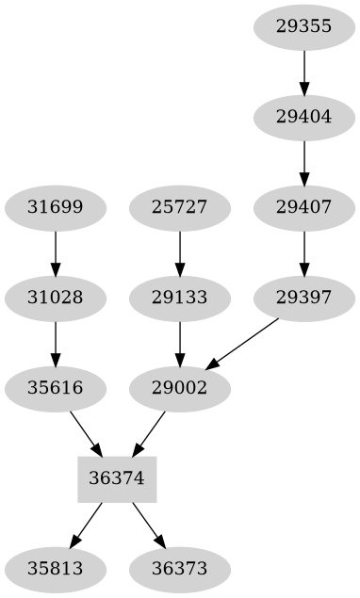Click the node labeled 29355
pos(303,25)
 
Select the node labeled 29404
pos(303,117)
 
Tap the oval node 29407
pos(303,206)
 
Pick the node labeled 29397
pos(303,298)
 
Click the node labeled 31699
pos(56,206)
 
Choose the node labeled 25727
pos(179,206)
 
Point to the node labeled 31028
pos(56,298)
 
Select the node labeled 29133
pos(179,298)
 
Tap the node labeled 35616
pos(56,387)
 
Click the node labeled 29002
pos(179,387)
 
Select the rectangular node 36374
pos(116,477)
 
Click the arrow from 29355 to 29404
pos(303,71)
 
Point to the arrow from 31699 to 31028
pos(56,251)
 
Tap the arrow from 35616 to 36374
pos(86,432)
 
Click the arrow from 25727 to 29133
pos(179,251)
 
